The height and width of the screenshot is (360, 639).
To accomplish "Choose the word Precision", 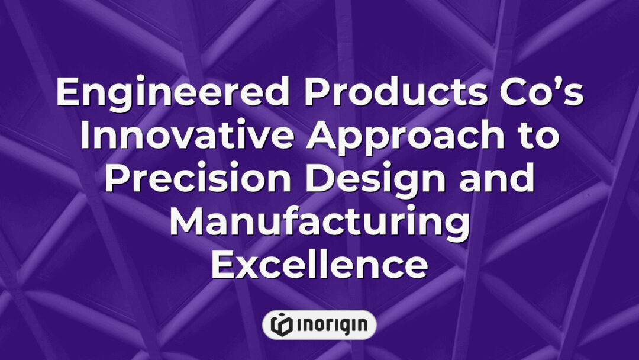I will click(x=198, y=180).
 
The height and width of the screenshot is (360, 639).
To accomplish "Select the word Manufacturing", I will click(x=319, y=223).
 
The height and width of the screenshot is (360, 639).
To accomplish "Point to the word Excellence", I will click(x=319, y=265).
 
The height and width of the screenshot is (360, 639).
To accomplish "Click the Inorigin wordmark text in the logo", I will click(x=329, y=324).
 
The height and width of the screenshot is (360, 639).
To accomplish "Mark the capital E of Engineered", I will click(x=67, y=94).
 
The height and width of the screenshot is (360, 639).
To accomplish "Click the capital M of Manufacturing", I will click(x=187, y=223).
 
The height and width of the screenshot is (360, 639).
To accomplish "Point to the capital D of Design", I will click(x=319, y=180).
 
